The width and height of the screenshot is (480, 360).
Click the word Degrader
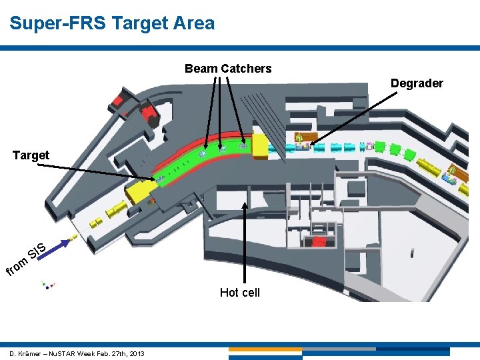pyautogui.click(x=417, y=83)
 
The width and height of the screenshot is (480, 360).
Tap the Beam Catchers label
pyautogui.click(x=228, y=69)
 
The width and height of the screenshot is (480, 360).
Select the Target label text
pyautogui.click(x=31, y=155)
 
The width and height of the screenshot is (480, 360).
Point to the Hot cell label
pyautogui.click(x=239, y=293)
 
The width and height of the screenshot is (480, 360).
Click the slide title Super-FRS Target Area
pyautogui.click(x=112, y=24)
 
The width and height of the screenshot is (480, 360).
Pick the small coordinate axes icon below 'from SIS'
pyautogui.click(x=47, y=285)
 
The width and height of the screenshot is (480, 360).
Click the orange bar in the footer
pyautogui.click(x=265, y=349)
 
